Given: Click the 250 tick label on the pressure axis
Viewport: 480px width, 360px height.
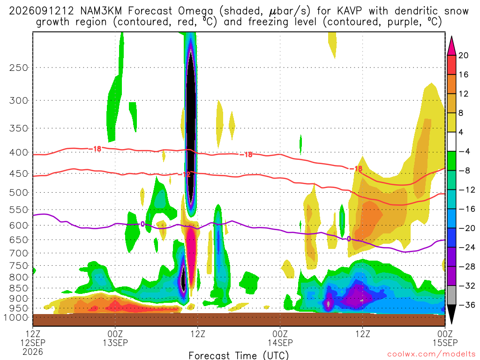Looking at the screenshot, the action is [19, 67].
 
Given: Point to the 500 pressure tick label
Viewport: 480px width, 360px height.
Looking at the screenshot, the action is [19, 193].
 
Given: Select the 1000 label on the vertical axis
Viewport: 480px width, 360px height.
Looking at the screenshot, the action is [16, 318].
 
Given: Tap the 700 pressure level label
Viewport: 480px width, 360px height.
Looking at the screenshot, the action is [19, 253].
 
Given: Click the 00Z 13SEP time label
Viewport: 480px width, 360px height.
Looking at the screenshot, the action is [115, 338].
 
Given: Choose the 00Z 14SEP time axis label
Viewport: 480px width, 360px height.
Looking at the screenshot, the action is [280, 338].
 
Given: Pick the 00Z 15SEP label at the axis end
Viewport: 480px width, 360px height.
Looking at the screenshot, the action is [445, 338].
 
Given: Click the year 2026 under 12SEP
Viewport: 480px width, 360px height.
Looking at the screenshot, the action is [33, 352].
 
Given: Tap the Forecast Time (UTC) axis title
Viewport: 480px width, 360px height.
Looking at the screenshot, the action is [239, 355].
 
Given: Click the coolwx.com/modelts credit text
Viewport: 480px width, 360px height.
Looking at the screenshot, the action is [431, 354].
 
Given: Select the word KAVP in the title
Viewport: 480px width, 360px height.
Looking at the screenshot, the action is [349, 11].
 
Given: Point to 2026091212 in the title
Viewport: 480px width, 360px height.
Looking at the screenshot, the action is [41, 11].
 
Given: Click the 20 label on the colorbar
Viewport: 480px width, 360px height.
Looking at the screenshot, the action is [463, 55].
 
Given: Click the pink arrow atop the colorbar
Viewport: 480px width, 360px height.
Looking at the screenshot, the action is [451, 45].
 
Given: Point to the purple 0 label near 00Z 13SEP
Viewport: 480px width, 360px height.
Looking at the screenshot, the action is [142, 225].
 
